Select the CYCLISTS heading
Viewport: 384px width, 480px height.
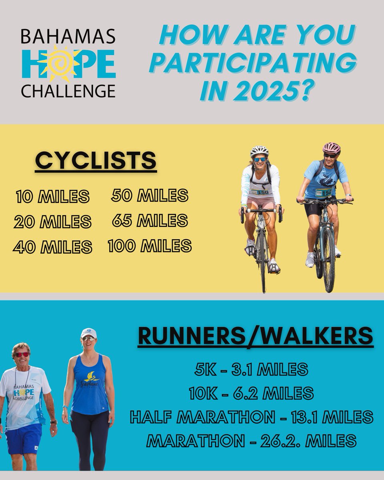point(95,161)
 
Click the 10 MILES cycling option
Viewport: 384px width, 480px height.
point(52,196)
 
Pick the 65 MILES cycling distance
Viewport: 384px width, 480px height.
point(150,220)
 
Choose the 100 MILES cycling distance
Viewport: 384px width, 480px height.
point(150,246)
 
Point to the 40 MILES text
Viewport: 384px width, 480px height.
point(52,247)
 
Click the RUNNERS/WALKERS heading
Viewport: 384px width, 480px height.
point(256,336)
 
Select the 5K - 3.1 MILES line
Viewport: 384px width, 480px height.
point(251,370)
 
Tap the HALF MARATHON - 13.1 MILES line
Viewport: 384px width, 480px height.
point(251,418)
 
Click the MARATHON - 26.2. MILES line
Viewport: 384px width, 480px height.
point(251,441)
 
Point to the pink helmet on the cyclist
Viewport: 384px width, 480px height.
point(332,148)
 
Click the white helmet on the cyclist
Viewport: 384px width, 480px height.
point(259,151)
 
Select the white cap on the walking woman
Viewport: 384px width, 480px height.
point(88,333)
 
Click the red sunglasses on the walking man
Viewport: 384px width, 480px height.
point(22,354)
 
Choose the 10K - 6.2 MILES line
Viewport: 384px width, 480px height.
point(251,394)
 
